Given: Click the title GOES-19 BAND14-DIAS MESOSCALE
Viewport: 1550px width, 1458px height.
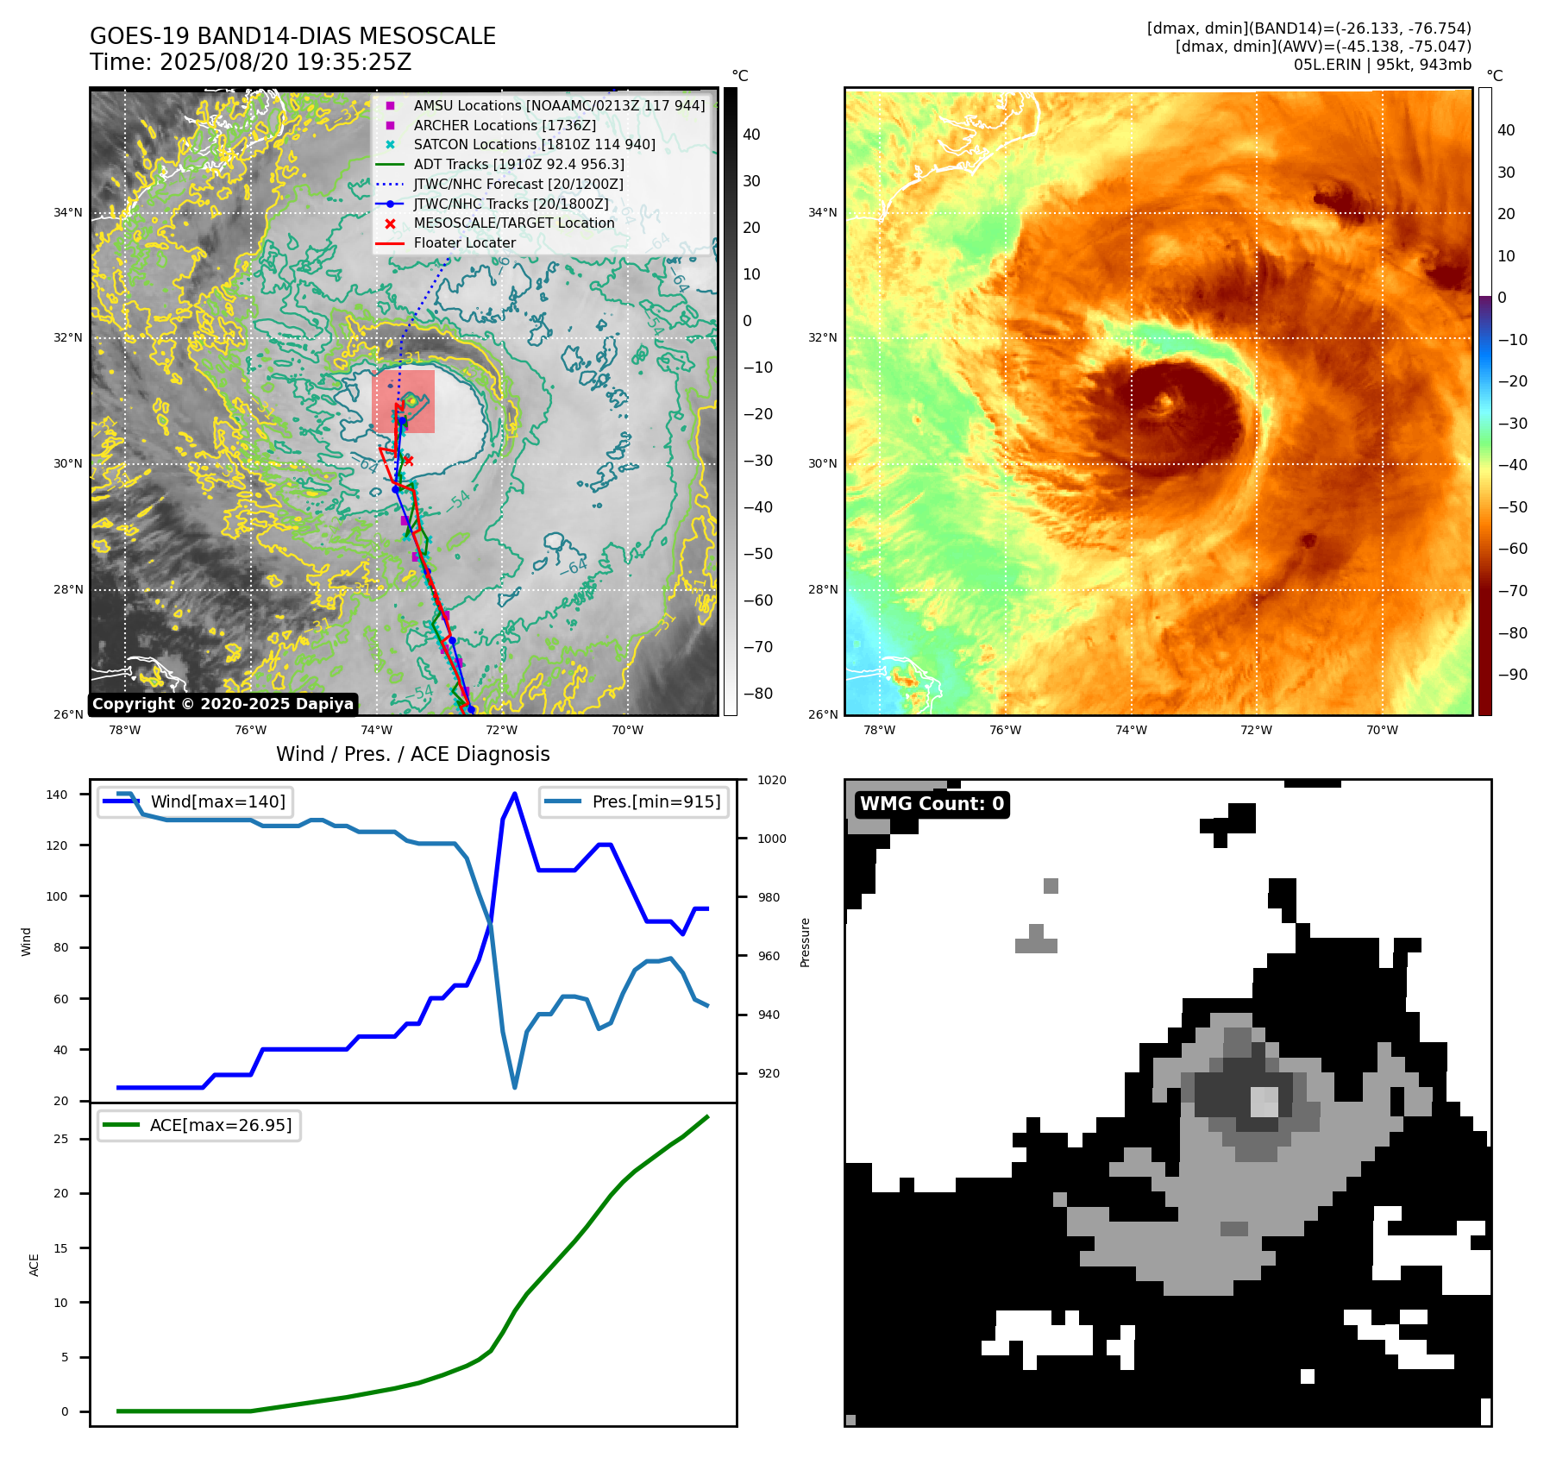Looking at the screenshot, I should pyautogui.click(x=292, y=36).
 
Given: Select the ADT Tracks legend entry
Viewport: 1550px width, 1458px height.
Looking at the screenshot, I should pyautogui.click(x=518, y=164).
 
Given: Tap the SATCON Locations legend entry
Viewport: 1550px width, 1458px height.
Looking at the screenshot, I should pyautogui.click(x=534, y=144).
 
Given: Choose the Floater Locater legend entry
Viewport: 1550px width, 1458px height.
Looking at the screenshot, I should pyautogui.click(x=464, y=242).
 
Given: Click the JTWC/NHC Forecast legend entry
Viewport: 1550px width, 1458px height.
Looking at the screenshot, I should pyautogui.click(x=518, y=184).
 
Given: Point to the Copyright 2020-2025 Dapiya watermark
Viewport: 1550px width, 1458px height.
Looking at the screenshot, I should pyautogui.click(x=223, y=704).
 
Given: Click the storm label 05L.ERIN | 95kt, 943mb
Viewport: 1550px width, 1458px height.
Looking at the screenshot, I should pyautogui.click(x=1382, y=65).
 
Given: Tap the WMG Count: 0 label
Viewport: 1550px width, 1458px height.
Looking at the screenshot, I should pyautogui.click(x=932, y=804).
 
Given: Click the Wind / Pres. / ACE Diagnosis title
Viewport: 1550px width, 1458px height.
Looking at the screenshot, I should pyautogui.click(x=412, y=754).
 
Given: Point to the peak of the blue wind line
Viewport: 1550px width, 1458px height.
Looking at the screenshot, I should pyautogui.click(x=515, y=794).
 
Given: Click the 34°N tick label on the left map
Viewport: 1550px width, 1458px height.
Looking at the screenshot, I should pyautogui.click(x=68, y=212).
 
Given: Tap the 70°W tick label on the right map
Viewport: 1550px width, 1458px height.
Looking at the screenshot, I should pyautogui.click(x=1382, y=730).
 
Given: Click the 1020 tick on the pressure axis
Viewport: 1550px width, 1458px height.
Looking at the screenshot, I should pyautogui.click(x=771, y=780).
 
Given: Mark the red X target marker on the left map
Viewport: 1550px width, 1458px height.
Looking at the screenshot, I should pyautogui.click(x=408, y=461).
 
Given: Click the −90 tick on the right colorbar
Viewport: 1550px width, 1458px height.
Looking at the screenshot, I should pyautogui.click(x=1512, y=675).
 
